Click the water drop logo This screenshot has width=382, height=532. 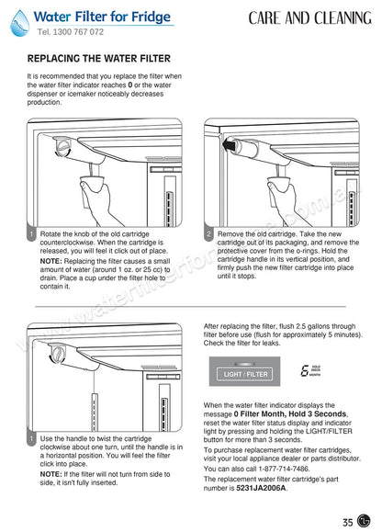pos(19,23)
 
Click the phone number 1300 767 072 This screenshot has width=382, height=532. pos(78,32)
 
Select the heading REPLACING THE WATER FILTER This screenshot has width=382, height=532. pos(99,59)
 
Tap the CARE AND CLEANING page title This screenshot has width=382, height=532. pos(309,18)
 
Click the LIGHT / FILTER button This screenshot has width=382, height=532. pos(245,374)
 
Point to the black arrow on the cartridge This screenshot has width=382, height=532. pos(230,145)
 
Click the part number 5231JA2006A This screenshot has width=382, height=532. pos(261,488)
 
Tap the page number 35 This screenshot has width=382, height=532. pos(348,522)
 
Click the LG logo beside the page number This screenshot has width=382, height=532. pos(364,521)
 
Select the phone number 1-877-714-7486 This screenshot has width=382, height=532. pos(284,469)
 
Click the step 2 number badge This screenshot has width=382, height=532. pos(208,233)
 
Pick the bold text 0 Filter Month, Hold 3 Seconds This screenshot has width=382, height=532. pos(290,413)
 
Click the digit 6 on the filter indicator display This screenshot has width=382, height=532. pos(305,370)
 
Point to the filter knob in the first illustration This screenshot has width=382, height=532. pos(63,147)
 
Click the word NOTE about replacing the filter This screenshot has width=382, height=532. pos(51,261)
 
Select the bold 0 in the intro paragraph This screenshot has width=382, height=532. pos(130,85)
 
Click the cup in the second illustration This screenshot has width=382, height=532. pos(278,183)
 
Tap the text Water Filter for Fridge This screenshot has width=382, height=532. pos(102,17)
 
